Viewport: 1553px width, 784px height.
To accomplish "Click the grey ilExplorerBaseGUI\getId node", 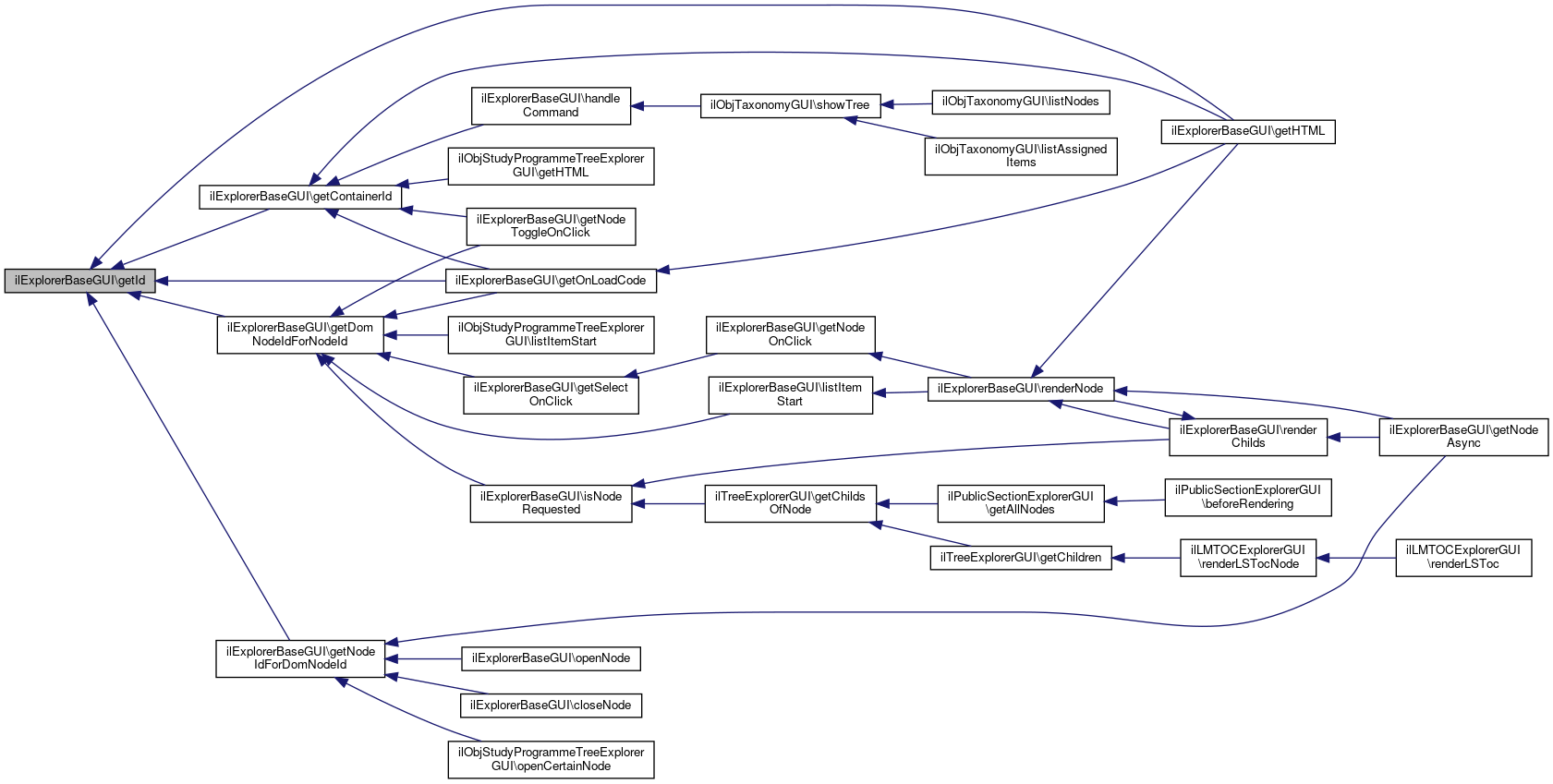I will coord(79,281).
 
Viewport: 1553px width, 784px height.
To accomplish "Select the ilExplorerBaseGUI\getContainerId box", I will coord(300,197).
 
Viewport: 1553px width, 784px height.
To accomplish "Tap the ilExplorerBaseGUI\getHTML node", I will coord(1247,131).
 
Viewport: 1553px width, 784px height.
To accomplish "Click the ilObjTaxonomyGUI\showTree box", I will coord(790,105).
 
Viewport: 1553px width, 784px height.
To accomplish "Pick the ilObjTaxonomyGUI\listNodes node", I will coord(1020,102).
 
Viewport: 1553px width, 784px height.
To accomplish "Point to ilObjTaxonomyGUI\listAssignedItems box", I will coord(1020,155).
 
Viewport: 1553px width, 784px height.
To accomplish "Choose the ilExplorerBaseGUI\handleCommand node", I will coord(551,106).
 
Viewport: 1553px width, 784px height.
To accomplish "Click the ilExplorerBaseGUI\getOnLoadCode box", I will coord(551,281).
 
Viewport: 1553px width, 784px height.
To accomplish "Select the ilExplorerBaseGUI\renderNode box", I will coord(1020,389).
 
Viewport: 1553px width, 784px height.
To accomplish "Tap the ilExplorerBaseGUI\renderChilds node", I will coord(1247,436).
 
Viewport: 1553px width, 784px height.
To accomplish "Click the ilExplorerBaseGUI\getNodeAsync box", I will coord(1462,436).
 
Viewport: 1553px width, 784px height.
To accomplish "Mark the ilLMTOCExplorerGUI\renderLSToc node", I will coord(1462,557).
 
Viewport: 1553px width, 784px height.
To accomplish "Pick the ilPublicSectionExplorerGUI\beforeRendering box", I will coord(1247,497).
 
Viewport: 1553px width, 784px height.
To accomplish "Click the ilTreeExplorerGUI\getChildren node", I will coord(1020,558).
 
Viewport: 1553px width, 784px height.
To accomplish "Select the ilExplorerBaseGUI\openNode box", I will coord(551,658).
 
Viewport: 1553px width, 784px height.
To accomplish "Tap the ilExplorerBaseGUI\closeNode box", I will coord(551,706).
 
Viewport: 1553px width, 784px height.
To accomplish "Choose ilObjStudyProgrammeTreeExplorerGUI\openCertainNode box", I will coord(551,759).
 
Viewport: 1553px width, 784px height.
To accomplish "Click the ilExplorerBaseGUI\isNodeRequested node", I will coord(551,503).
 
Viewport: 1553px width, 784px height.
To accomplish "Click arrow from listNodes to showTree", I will coord(906,104).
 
